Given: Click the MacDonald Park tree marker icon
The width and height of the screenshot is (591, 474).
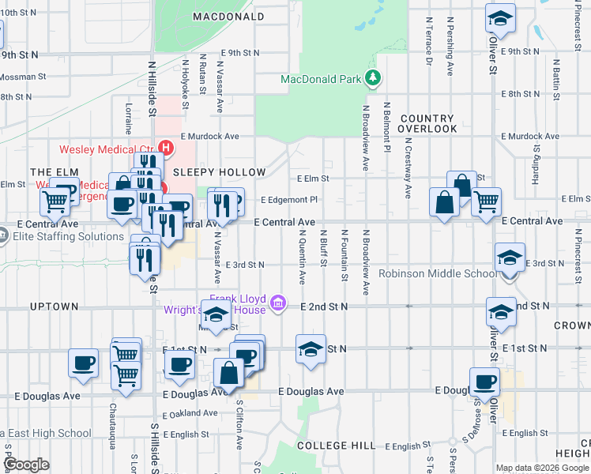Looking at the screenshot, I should (371, 78).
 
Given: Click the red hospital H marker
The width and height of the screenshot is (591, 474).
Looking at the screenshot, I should (166, 148).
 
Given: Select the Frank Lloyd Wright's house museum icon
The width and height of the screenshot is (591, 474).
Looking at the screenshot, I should (277, 303).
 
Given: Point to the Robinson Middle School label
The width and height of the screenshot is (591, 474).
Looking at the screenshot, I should (436, 274).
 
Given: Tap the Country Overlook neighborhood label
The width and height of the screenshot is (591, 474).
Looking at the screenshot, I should (427, 123).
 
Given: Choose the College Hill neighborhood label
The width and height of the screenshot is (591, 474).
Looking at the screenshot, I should (336, 446).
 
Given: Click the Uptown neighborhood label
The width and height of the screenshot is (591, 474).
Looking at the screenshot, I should (54, 306).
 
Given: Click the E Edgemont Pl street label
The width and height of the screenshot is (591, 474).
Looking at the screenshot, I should (288, 200).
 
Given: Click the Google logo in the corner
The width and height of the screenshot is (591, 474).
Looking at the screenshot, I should (27, 465).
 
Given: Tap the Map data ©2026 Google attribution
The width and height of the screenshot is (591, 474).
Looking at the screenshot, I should (542, 468).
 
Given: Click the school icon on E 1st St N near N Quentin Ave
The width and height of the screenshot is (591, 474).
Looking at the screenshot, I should (311, 349).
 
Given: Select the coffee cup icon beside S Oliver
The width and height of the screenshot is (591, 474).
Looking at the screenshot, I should (484, 382).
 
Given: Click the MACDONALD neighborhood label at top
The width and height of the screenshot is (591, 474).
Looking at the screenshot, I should (228, 16).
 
